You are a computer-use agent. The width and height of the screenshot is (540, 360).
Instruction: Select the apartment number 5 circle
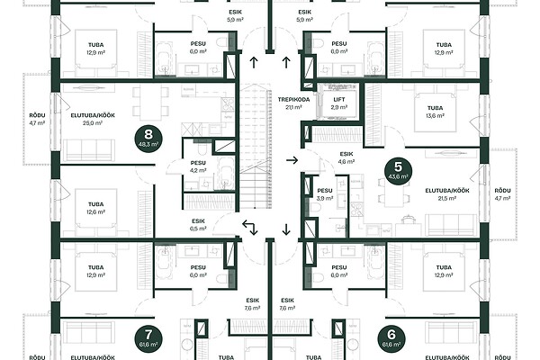(398, 171)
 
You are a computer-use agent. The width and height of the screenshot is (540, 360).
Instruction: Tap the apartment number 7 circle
(148, 339)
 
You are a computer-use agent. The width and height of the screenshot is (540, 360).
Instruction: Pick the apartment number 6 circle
(391, 339)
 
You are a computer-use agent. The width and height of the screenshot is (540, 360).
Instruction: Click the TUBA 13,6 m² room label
(436, 112)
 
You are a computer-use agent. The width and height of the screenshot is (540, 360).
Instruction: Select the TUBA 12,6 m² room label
(95, 208)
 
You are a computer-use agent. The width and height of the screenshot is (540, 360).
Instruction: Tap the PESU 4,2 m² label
(198, 166)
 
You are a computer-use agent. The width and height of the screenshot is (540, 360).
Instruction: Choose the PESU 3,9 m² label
(325, 194)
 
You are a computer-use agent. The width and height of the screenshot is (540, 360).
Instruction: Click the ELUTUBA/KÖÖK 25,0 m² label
(93, 119)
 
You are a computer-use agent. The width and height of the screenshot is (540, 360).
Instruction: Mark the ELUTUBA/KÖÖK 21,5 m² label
(447, 194)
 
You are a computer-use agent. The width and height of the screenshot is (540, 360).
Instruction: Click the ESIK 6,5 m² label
(198, 225)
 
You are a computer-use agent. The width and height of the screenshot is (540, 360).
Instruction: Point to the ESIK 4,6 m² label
(346, 157)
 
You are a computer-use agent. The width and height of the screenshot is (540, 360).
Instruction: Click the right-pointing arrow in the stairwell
(292, 160)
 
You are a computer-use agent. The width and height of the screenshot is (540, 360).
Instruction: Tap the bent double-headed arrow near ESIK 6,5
(250, 228)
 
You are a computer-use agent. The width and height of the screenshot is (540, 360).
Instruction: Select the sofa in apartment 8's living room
(89, 150)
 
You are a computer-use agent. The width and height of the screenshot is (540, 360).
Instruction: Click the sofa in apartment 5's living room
(451, 225)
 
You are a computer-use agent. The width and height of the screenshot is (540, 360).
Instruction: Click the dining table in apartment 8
(150, 103)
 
